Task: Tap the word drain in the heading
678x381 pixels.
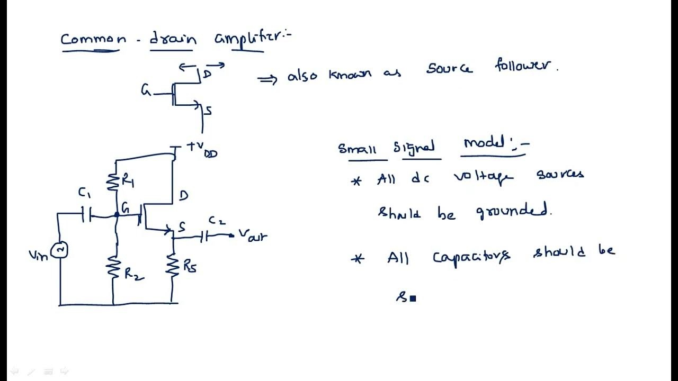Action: point(173,39)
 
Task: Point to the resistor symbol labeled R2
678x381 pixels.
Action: point(113,267)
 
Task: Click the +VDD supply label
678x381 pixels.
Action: point(201,149)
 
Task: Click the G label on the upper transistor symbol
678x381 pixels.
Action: point(146,90)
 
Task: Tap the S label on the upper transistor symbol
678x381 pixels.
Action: point(208,111)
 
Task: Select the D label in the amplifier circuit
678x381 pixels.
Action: point(183,196)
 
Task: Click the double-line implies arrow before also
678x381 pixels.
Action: point(267,79)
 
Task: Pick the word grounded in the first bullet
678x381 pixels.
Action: point(514,212)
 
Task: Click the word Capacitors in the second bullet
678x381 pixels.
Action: point(471,257)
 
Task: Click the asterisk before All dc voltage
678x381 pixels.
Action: point(356,181)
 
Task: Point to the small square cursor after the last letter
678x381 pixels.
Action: point(413,298)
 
